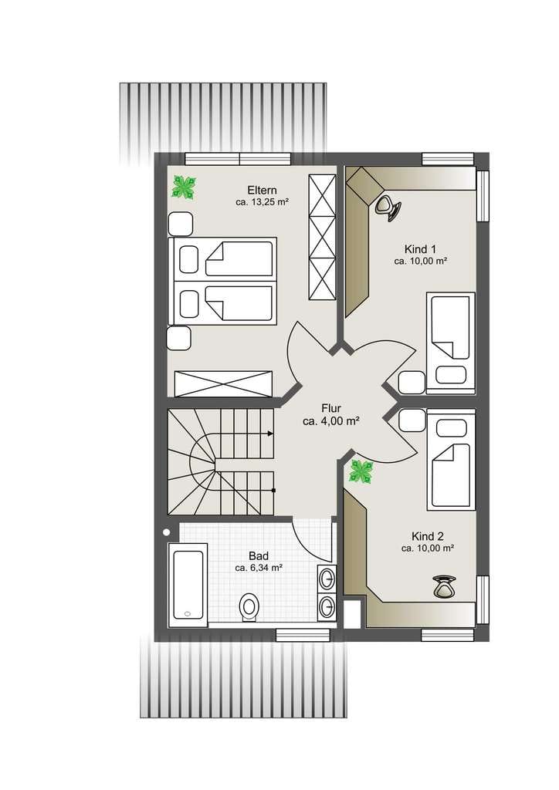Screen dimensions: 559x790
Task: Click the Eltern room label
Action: tap(262, 191)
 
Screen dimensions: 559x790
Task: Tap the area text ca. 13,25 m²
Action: tap(262, 203)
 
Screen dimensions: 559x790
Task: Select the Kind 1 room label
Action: tap(420, 249)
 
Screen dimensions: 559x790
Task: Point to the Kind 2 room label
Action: tap(428, 536)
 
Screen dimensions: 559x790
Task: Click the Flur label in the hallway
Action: tap(331, 409)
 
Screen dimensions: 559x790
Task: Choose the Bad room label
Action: tap(259, 556)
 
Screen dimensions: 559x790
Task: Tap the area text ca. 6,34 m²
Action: tap(259, 568)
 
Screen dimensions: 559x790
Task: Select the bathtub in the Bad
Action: tap(188, 585)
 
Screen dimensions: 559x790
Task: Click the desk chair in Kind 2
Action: tap(444, 586)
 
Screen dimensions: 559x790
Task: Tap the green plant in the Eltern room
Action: tap(183, 187)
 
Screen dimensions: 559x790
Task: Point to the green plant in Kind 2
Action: tap(361, 472)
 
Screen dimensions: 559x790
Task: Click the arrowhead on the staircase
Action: tap(271, 434)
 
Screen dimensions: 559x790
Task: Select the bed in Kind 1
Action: tap(451, 343)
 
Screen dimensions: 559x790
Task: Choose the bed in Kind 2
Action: tap(451, 459)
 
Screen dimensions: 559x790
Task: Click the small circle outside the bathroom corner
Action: tap(166, 532)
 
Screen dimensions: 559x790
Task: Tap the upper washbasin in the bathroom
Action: tap(327, 579)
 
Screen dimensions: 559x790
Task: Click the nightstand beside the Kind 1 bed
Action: tap(412, 383)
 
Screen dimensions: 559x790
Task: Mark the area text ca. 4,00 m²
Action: tap(330, 421)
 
